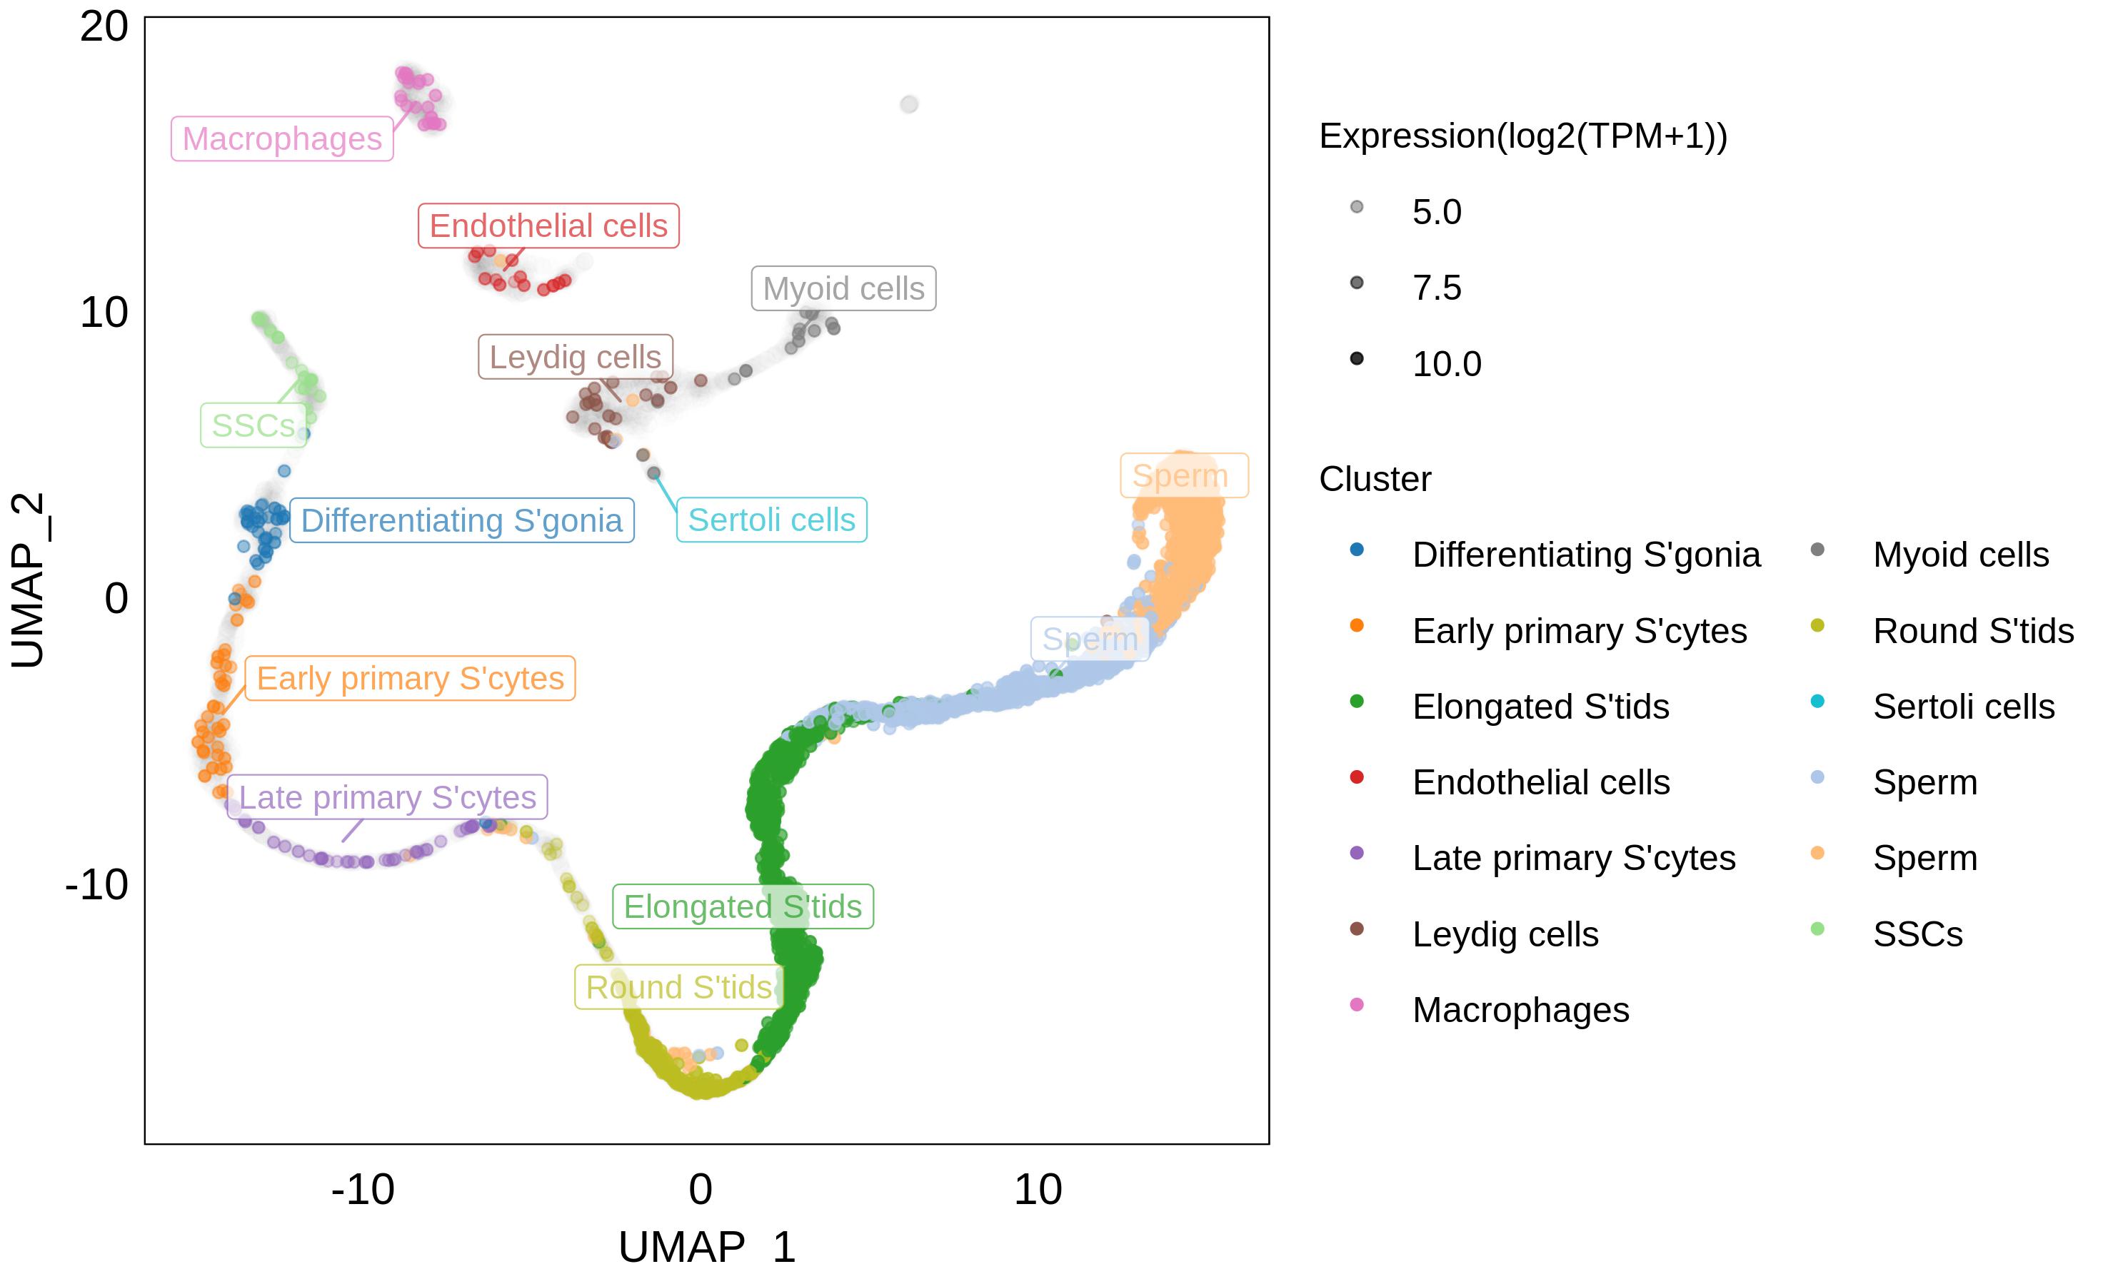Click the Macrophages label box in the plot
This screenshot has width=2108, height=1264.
282,139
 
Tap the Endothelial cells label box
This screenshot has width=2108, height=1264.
548,226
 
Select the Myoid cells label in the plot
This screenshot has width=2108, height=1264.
843,289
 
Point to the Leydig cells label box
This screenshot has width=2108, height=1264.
575,357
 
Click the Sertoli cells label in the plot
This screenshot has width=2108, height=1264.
771,520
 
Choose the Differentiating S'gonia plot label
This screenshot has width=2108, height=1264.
461,520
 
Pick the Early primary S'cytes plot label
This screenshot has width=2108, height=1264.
410,679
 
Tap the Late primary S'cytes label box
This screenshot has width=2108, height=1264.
387,797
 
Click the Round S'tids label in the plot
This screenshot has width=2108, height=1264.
678,987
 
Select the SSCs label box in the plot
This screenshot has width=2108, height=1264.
253,425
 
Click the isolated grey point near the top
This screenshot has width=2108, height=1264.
909,104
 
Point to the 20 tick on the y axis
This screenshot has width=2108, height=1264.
104,27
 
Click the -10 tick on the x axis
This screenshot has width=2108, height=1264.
363,1189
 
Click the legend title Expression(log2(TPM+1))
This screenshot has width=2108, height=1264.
1522,136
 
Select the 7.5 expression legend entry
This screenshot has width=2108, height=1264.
1437,288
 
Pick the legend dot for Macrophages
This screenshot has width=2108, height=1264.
1357,1005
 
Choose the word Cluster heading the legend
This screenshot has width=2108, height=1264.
1375,479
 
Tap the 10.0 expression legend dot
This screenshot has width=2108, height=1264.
1357,358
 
